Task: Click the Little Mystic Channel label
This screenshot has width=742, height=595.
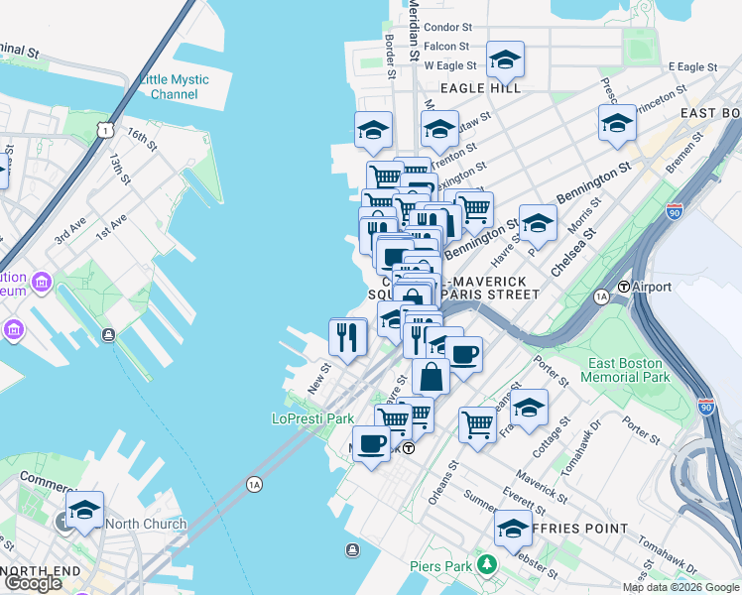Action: click(175, 87)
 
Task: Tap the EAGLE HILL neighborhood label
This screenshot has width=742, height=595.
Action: click(481, 88)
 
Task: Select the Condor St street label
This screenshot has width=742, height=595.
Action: click(446, 28)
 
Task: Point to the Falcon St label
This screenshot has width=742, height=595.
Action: click(446, 47)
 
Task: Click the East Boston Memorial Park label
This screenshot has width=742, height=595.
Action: click(628, 371)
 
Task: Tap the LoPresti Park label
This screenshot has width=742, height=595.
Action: click(312, 419)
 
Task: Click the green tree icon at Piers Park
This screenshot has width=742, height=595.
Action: click(486, 565)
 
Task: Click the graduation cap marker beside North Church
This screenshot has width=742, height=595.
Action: click(85, 511)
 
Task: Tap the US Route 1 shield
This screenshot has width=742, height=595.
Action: click(105, 130)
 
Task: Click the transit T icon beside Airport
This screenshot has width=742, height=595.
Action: click(625, 287)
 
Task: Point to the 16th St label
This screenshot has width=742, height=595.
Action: click(142, 139)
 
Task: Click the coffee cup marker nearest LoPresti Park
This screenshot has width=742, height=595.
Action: click(371, 443)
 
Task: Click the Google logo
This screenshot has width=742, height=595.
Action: click(33, 583)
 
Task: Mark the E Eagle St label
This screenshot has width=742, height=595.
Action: click(692, 66)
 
